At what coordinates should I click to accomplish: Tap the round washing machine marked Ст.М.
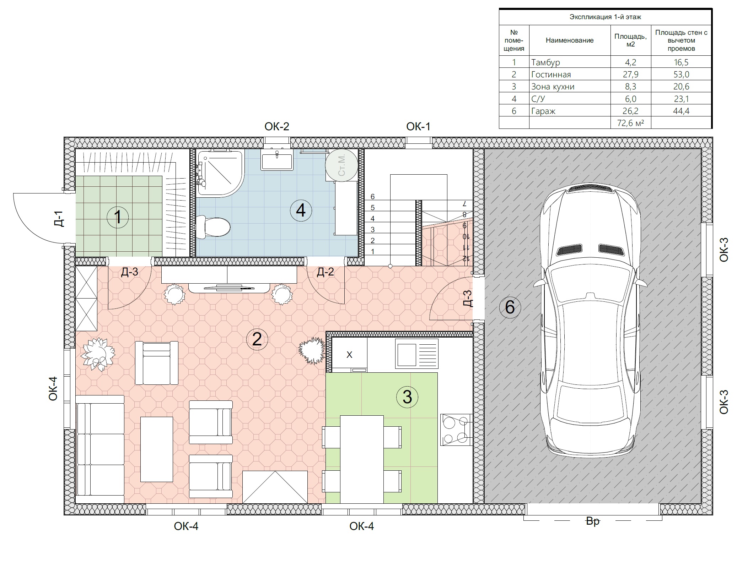tap(341, 165)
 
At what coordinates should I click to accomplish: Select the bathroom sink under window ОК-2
tap(277, 160)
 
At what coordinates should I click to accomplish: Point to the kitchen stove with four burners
tap(456, 430)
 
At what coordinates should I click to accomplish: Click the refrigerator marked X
tap(349, 355)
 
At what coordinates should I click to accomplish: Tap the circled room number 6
tap(510, 307)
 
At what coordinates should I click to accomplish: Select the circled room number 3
tap(407, 397)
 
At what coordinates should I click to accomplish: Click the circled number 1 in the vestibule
tap(118, 217)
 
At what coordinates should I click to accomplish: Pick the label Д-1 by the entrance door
tap(59, 219)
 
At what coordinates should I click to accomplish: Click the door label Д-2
tap(326, 272)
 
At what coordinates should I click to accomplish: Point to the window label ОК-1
tap(418, 126)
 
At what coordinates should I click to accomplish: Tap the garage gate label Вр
tap(593, 521)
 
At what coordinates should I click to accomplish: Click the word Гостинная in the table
tap(551, 75)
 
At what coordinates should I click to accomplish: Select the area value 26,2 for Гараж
tap(630, 111)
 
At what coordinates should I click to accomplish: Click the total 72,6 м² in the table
tap(630, 123)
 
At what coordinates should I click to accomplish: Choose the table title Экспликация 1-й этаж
tap(605, 17)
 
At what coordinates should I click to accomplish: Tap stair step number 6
tap(372, 196)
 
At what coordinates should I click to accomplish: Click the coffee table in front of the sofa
tap(157, 449)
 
